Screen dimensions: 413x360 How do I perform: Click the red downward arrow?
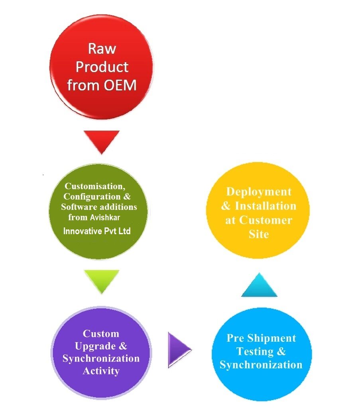pyautogui.click(x=102, y=140)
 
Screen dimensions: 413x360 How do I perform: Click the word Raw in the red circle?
pyautogui.click(x=102, y=49)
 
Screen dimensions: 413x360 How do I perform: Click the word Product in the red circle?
pyautogui.click(x=102, y=67)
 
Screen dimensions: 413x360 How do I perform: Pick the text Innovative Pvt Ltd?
pyautogui.click(x=97, y=231)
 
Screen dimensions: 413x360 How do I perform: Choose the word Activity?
pyautogui.click(x=101, y=371)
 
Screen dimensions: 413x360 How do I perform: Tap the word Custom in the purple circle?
pyautogui.click(x=101, y=333)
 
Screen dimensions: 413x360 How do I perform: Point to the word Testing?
pyautogui.click(x=255, y=351)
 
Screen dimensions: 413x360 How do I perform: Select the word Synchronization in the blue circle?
pyautogui.click(x=261, y=364)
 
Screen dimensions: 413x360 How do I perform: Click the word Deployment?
pyautogui.click(x=259, y=192)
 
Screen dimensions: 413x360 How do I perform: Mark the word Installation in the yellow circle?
pyautogui.click(x=265, y=206)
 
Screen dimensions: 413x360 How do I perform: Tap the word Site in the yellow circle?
pyautogui.click(x=258, y=234)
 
